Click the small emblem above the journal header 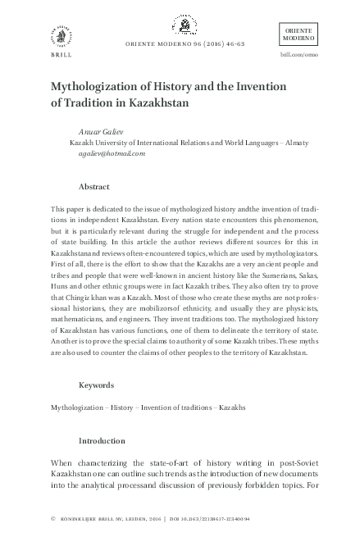tap(180, 25)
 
